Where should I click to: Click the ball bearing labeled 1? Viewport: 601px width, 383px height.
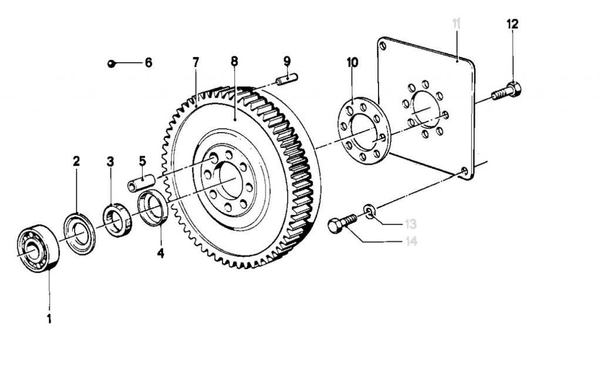click(38, 248)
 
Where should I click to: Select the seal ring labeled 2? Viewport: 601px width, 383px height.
click(79, 234)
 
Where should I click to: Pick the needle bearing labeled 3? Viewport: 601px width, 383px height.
click(117, 220)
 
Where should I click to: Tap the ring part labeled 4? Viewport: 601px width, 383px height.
click(153, 209)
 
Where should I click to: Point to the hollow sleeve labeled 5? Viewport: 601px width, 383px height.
click(141, 182)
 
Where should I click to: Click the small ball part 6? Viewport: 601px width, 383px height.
click(111, 63)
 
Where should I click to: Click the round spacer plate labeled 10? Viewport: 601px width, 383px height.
click(364, 132)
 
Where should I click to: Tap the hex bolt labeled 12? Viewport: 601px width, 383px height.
click(507, 91)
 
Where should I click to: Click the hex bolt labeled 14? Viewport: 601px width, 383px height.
click(342, 223)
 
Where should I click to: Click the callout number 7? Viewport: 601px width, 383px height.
click(196, 62)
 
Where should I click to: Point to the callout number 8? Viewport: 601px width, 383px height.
click(234, 62)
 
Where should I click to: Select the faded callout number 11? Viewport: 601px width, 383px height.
click(456, 23)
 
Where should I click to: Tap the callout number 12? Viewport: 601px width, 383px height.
click(512, 24)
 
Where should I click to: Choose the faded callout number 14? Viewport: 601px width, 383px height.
click(411, 241)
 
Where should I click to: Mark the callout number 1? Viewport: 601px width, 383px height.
click(49, 318)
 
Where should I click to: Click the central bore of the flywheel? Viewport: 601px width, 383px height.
click(231, 180)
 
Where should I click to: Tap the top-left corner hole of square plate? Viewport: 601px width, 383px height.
click(383, 46)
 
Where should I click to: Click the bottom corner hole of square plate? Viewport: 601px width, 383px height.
click(465, 171)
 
